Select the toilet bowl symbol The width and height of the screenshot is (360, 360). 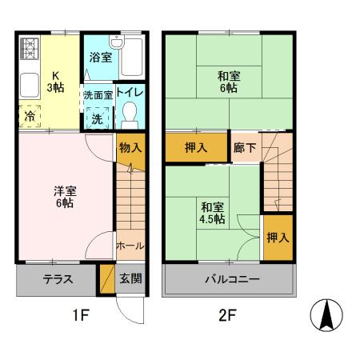click(129, 117)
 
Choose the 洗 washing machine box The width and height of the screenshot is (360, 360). click(97, 117)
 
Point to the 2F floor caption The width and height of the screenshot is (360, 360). click(228, 315)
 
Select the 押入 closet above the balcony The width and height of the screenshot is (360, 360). click(278, 238)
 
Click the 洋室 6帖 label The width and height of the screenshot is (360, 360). click(64, 198)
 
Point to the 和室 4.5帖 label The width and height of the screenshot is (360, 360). click(212, 212)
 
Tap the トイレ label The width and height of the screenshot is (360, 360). click(129, 93)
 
